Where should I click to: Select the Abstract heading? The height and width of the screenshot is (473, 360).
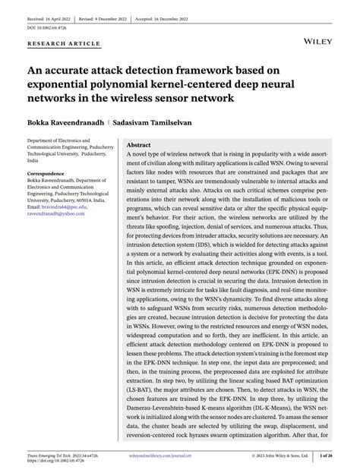click(x=138, y=144)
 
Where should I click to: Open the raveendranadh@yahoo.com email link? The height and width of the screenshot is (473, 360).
click(x=57, y=214)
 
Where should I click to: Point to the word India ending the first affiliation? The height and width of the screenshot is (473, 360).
click(x=33, y=162)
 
